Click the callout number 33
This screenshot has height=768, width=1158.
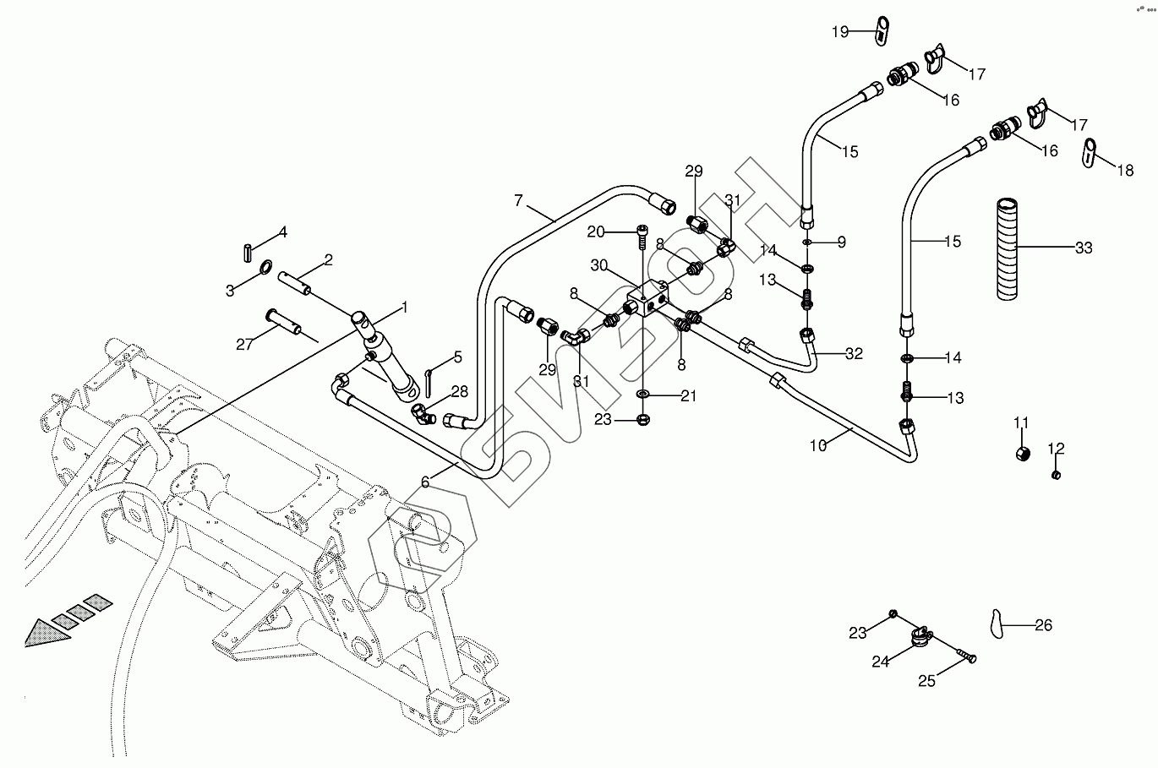[x=1084, y=248]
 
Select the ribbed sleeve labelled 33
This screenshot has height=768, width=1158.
[x=1007, y=248]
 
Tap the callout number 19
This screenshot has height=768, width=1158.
[x=840, y=32]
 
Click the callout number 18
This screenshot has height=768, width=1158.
[x=1125, y=170]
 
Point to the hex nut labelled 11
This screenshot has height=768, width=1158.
[x=1023, y=455]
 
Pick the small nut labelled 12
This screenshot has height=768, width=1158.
[x=1057, y=475]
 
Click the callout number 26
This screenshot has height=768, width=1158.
[x=1043, y=625]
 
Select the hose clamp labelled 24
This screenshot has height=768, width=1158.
[x=920, y=637]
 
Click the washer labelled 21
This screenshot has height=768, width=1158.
[x=642, y=395]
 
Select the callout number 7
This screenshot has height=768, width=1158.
[x=518, y=200]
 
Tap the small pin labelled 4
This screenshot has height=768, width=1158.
[x=248, y=253]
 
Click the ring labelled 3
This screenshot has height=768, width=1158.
[x=266, y=268]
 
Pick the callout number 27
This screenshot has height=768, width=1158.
[x=244, y=344]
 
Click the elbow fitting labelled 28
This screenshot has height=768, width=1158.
[x=423, y=414]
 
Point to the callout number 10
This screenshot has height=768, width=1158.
[x=818, y=445]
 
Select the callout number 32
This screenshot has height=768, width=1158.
[x=854, y=353]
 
